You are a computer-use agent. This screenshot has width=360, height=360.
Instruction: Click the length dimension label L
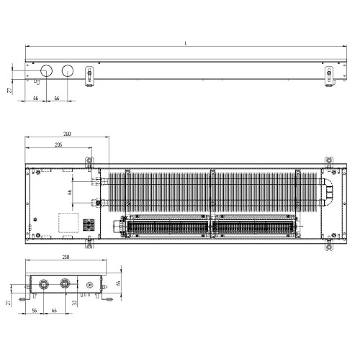pos(186,43)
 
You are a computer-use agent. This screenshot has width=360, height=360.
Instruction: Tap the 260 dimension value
pos(67,134)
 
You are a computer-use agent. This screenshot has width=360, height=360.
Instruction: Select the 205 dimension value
pos(58,144)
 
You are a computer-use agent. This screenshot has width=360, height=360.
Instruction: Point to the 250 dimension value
pos(66,256)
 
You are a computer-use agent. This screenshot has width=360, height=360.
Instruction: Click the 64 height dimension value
pos(119,283)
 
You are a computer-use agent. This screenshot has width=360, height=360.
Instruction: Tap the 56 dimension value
pos(34,310)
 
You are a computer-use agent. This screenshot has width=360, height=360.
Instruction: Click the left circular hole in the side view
pos(46,71)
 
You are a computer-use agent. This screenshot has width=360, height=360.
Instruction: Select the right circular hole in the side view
pos(67,71)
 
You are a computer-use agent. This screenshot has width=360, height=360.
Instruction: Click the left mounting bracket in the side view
pos(90,76)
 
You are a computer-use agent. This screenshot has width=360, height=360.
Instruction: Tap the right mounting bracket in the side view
pos(329,76)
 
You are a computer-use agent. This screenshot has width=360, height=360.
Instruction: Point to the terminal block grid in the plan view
pos(87,224)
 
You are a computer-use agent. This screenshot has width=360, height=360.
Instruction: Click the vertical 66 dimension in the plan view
pos(70,192)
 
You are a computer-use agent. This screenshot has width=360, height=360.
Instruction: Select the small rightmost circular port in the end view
pos(90,285)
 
